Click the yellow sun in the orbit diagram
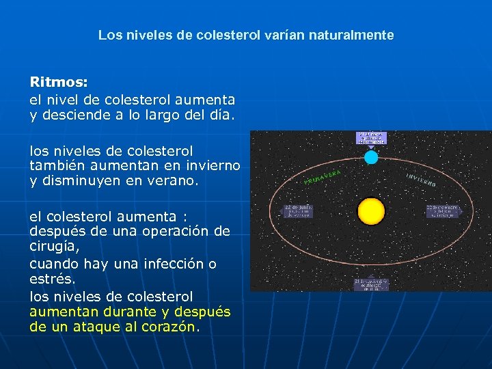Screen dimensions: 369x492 pyautogui.click(x=371, y=210)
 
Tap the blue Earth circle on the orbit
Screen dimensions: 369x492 pyautogui.click(x=371, y=157)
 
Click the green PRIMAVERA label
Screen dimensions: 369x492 pyautogui.click(x=323, y=177)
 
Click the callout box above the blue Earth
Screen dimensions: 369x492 pyautogui.click(x=371, y=137)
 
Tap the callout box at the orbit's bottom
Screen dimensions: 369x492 pyautogui.click(x=371, y=285)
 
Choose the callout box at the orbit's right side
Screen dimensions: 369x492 pyautogui.click(x=443, y=211)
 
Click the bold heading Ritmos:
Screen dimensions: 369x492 pyautogui.click(x=58, y=82)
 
